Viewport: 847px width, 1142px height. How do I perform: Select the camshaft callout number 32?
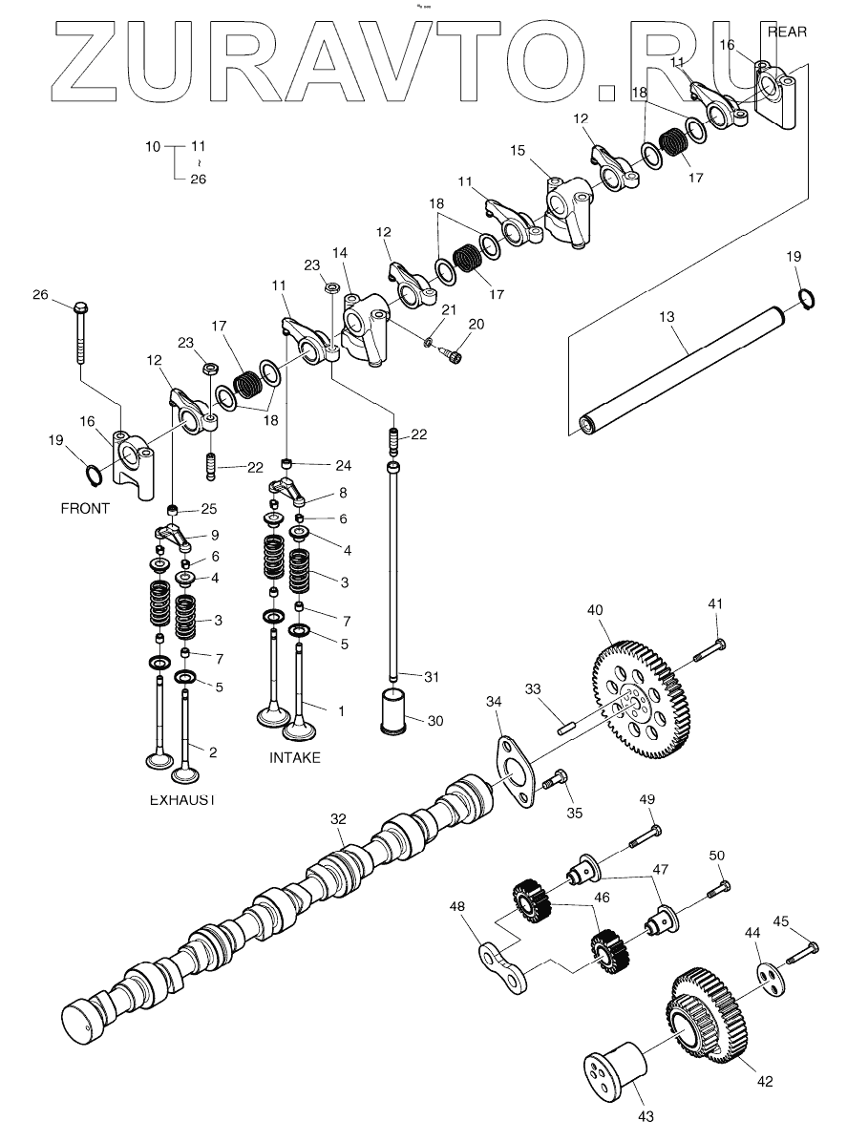click(337, 819)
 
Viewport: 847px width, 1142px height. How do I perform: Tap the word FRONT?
click(85, 508)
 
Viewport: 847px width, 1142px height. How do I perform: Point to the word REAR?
click(788, 32)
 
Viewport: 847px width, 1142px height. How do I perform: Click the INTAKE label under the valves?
click(294, 757)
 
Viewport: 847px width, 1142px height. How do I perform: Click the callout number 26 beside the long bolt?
click(40, 294)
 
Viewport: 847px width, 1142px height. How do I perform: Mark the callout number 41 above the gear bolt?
click(716, 603)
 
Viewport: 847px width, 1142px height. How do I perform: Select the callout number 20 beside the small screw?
click(476, 324)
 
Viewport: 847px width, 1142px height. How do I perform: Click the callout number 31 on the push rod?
click(432, 677)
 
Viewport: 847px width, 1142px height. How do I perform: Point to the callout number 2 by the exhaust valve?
click(213, 752)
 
